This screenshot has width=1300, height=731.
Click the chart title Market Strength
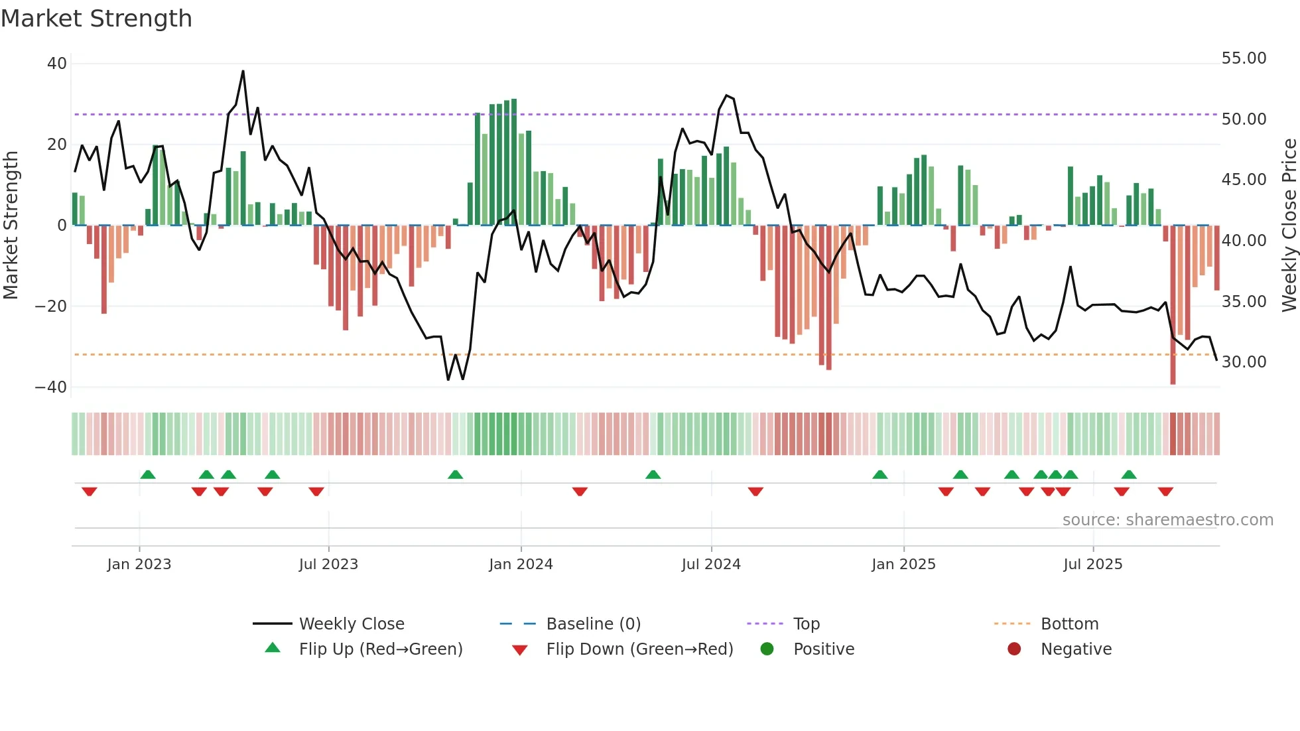click(x=96, y=19)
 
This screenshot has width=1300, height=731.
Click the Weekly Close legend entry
click(x=351, y=624)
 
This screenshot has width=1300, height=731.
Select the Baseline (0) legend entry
click(x=593, y=624)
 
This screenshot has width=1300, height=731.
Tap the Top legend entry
click(x=806, y=624)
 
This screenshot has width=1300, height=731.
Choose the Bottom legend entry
click(x=1069, y=624)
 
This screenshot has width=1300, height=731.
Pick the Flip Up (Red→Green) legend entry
click(x=380, y=649)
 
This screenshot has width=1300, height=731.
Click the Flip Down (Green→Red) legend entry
click(x=639, y=649)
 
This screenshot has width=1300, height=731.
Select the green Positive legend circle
click(x=767, y=649)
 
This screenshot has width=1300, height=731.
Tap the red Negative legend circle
click(x=1014, y=649)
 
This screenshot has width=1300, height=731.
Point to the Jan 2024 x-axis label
click(x=521, y=565)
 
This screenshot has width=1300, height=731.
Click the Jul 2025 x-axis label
click(x=1092, y=565)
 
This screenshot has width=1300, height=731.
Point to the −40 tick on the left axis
click(x=51, y=387)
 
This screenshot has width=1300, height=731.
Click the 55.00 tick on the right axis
click(x=1244, y=58)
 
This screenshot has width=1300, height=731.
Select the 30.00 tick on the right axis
click(x=1244, y=362)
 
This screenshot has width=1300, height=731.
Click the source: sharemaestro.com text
click(x=1167, y=520)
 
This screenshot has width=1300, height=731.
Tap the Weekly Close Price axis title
click(x=1289, y=226)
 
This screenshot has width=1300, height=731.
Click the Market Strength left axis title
click(x=11, y=226)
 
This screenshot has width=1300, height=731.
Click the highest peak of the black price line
click(x=243, y=72)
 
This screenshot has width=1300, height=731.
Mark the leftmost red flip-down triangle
click(x=90, y=492)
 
